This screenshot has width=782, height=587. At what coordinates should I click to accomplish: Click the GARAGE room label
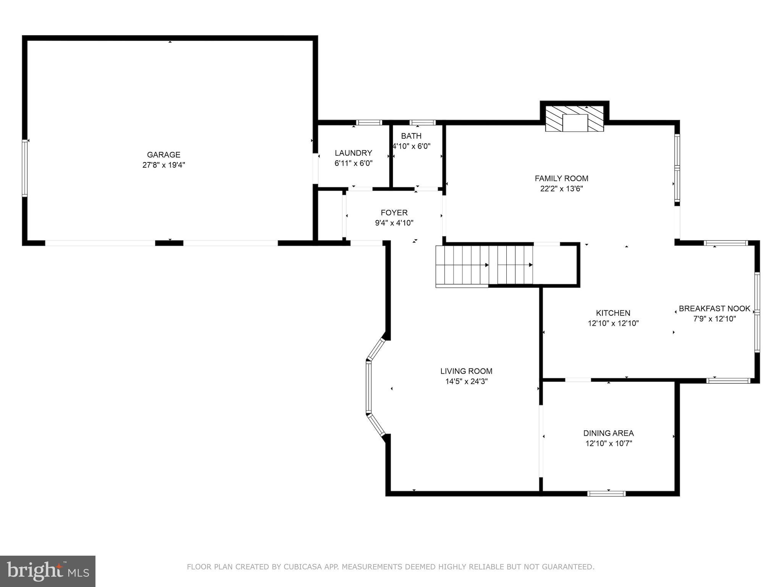(163, 155)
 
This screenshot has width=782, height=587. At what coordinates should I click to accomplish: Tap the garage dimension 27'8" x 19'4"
(163, 165)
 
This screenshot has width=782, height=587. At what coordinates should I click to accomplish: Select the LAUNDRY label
(353, 153)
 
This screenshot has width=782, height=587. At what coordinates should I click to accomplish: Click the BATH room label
(411, 136)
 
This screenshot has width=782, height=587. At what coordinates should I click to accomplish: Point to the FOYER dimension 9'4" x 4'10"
(394, 223)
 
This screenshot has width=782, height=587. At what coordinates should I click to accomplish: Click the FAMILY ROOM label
(561, 178)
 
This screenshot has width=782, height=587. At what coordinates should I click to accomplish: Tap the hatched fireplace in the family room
(574, 119)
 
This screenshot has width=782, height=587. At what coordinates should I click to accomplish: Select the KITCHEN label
(613, 313)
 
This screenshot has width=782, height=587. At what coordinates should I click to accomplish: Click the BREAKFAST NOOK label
(714, 308)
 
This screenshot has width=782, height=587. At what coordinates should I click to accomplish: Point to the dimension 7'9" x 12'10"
(714, 319)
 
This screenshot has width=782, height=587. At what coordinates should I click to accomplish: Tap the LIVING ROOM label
(466, 371)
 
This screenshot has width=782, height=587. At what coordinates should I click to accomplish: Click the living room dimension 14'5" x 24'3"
(466, 381)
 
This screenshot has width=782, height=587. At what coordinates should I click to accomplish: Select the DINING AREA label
(608, 433)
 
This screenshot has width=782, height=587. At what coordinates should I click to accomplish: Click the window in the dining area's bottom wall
(606, 493)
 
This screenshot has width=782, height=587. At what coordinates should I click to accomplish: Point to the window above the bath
(422, 123)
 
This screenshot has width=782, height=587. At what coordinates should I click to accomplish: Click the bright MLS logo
(48, 571)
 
